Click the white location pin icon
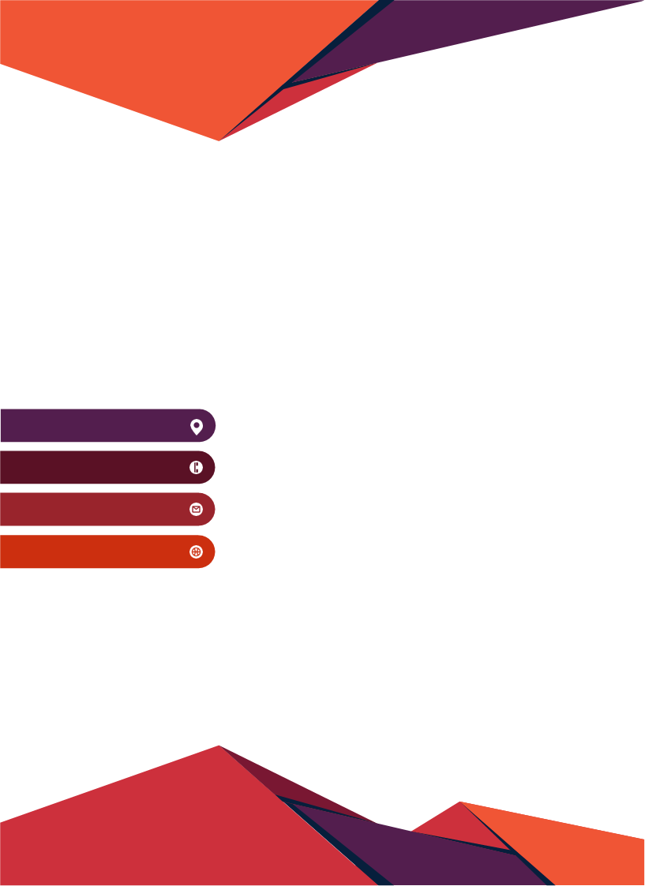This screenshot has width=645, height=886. pos(197,427)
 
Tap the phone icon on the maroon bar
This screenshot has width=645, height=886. pos(197,468)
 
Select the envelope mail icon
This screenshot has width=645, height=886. pos(197,510)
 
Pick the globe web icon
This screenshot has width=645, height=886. pos(197,551)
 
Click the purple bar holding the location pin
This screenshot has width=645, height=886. pos(95,425)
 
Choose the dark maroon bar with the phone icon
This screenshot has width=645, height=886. pos(95,467)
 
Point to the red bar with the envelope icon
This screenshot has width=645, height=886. pos(95,509)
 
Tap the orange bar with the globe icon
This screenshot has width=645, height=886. pos(95,551)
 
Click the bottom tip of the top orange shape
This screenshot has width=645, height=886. pos(219,139)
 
